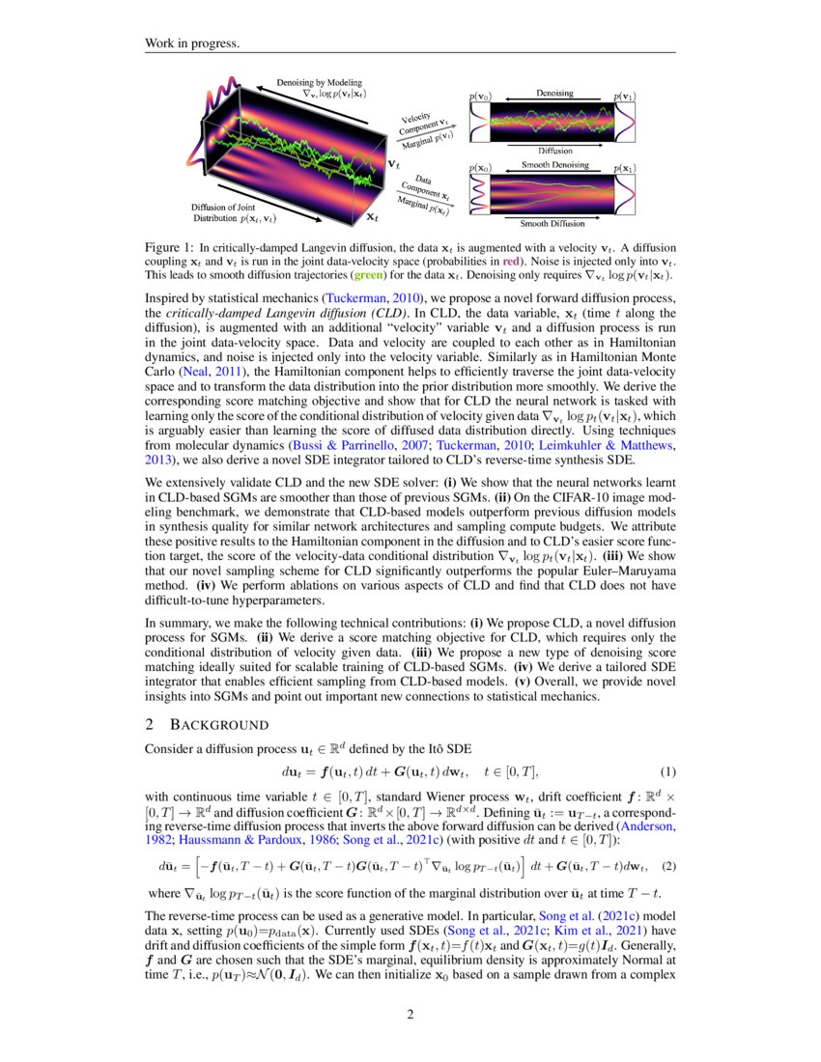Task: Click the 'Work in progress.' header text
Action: tap(191, 43)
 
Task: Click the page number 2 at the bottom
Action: tap(410, 1014)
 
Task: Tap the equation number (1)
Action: tap(666, 771)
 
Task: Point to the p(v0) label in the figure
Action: tap(479, 98)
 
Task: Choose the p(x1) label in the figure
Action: tap(623, 168)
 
